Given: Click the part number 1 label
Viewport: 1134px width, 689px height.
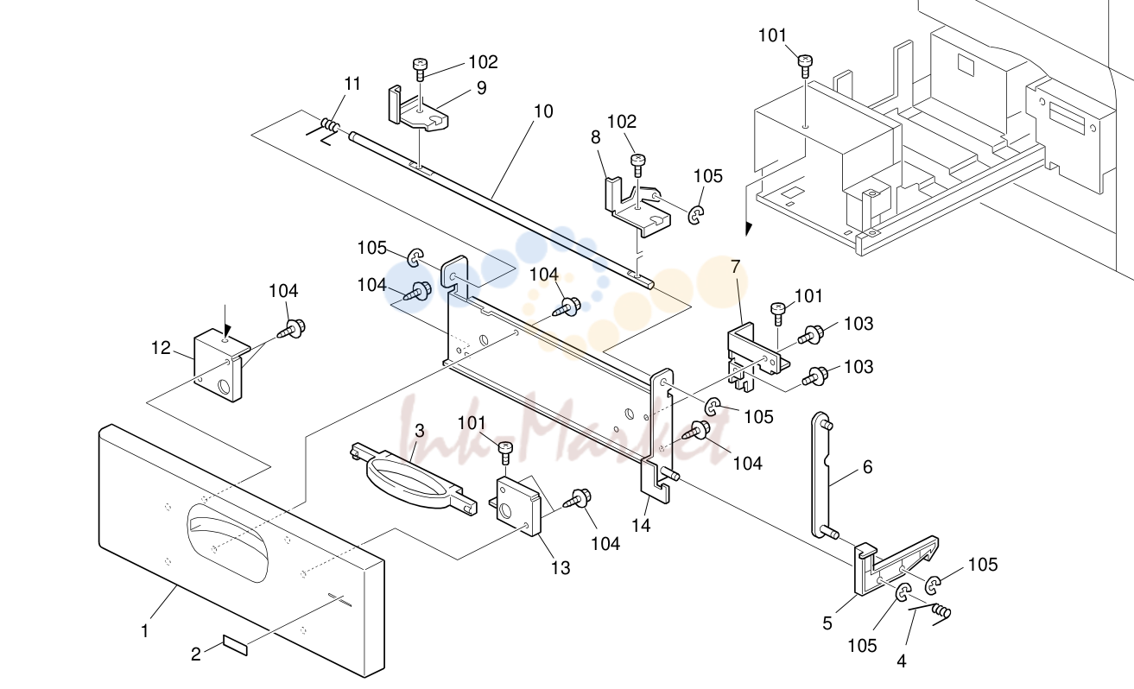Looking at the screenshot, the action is click(145, 631).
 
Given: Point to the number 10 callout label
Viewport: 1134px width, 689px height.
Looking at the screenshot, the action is click(543, 111).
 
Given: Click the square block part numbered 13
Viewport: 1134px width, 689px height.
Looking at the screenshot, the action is click(516, 505).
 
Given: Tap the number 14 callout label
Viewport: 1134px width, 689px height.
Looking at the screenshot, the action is click(641, 526).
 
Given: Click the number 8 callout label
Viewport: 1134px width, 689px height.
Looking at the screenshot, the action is click(595, 137).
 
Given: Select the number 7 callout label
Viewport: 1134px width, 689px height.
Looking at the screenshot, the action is click(736, 266).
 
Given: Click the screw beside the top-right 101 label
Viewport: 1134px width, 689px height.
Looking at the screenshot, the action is click(805, 66).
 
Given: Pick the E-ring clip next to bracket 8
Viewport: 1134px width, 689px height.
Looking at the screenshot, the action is click(697, 215).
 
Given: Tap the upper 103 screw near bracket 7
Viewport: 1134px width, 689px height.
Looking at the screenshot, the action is click(811, 335).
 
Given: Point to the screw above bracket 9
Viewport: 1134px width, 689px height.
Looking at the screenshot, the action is click(420, 69).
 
